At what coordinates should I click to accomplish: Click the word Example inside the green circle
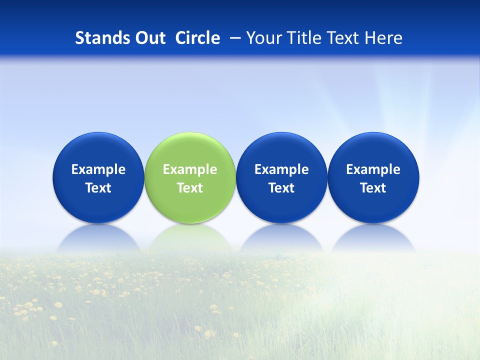click(x=190, y=169)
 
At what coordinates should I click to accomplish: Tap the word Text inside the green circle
click(x=190, y=188)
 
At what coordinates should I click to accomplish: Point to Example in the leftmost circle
click(x=98, y=169)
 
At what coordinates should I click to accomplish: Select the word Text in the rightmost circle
click(x=373, y=188)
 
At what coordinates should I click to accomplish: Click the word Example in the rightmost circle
click(x=373, y=169)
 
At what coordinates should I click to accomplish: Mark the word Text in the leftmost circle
click(x=98, y=188)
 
